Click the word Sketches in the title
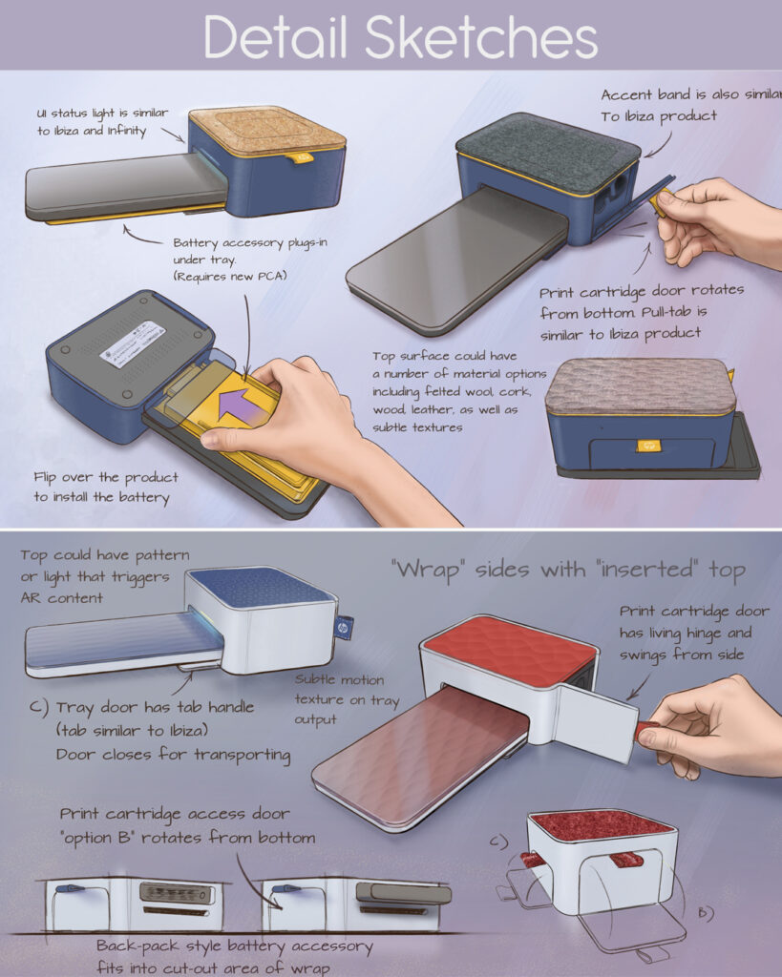point(481,37)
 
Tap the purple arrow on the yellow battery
point(241,406)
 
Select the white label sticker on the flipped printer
point(133,343)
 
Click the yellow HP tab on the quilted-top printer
point(648,446)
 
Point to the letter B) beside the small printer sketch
point(705,913)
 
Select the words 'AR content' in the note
point(62,598)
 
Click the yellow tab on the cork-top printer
point(303,158)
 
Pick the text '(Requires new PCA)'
point(229,276)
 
